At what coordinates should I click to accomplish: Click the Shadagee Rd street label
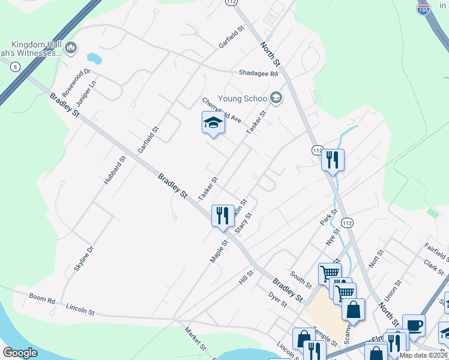pyautogui.click(x=258, y=74)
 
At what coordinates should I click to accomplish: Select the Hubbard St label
pyautogui.click(x=116, y=170)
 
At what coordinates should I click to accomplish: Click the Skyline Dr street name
pyautogui.click(x=84, y=259)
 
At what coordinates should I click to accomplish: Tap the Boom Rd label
pyautogui.click(x=42, y=298)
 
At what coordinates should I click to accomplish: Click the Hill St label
pyautogui.click(x=246, y=277)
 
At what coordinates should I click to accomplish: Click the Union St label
pyautogui.click(x=392, y=291)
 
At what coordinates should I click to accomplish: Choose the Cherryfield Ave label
pyautogui.click(x=221, y=111)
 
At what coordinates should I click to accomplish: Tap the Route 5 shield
pyautogui.click(x=14, y=67)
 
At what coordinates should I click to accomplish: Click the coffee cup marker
pyautogui.click(x=414, y=325)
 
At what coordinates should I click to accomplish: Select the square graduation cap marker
pyautogui.click(x=212, y=123)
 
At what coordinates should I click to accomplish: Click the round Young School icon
pyautogui.click(x=276, y=98)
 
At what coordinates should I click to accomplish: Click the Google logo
pyautogui.click(x=20, y=353)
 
